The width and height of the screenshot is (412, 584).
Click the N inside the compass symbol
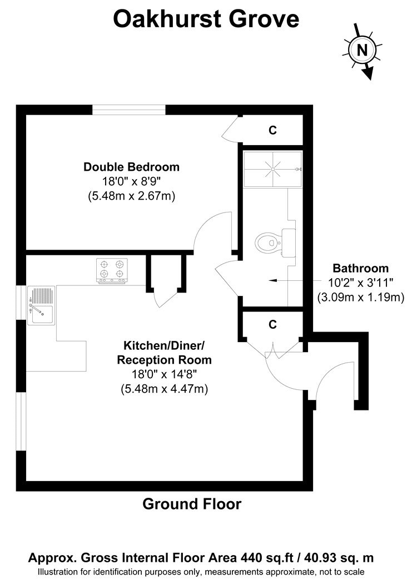click(x=362, y=50)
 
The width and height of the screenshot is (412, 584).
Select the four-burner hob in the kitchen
click(x=112, y=270)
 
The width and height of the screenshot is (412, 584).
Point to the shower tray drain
click(x=273, y=169)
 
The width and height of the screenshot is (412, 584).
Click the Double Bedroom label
click(x=131, y=166)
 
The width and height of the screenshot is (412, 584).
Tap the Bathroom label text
click(x=360, y=268)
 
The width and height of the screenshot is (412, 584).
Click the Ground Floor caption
click(x=192, y=504)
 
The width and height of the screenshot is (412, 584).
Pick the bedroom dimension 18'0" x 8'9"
click(x=131, y=181)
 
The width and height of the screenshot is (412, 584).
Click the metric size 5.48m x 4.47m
click(x=164, y=389)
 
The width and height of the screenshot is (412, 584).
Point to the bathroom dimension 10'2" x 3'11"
click(x=360, y=283)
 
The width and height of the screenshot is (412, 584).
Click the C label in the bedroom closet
click(x=273, y=130)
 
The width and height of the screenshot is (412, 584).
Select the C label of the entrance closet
click(x=273, y=324)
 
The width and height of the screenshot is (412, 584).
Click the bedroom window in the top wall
click(x=129, y=110)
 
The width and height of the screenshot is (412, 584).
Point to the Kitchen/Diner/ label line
click(x=164, y=345)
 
